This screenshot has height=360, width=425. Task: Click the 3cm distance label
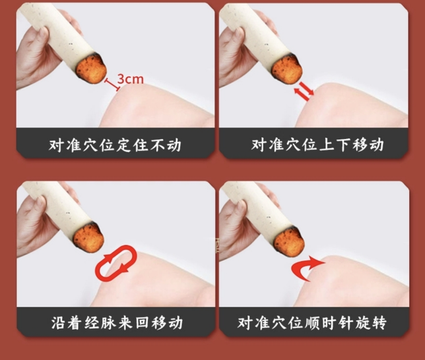[x=131, y=79]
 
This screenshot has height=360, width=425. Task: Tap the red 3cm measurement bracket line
[x=112, y=84]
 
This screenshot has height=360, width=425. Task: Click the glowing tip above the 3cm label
[x=91, y=69]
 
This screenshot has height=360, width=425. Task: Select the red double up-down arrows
[x=304, y=91]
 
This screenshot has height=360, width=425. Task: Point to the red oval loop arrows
[x=116, y=263]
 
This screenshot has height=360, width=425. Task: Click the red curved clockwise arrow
[x=307, y=268]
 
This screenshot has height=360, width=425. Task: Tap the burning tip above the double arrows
[x=287, y=69]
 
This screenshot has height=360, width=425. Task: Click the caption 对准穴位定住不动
[x=115, y=145]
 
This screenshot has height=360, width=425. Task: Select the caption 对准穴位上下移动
[x=317, y=144]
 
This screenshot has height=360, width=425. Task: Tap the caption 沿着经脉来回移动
[x=117, y=322]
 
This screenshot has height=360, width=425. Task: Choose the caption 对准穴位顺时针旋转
[x=312, y=322]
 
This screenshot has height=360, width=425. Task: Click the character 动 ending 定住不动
[x=174, y=145]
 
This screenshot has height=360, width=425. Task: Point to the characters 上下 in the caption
[x=334, y=144]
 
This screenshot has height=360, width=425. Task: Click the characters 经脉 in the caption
[x=100, y=322]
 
